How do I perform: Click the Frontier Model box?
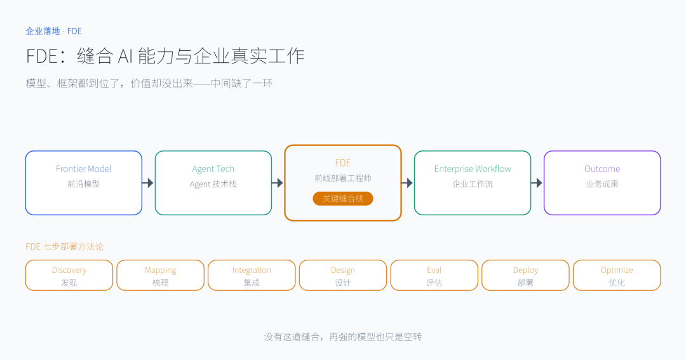pos(84,183)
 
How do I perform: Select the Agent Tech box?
pos(213,183)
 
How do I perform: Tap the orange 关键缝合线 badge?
pos(343,199)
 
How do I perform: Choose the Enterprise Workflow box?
pos(473,183)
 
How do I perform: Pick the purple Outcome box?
pos(602,183)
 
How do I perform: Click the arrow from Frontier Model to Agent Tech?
pos(148,183)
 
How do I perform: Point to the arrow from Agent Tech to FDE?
pos(278,183)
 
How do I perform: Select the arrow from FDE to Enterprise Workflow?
pos(407,183)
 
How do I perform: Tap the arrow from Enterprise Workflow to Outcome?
pos(537,183)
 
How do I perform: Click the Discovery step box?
pos(69,276)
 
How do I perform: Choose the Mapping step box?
pos(161,276)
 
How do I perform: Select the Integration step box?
pos(252,276)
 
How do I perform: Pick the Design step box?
pos(343,276)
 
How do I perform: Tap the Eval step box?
pos(434,276)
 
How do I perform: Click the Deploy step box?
pos(525,276)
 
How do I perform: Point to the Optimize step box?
pos(617,276)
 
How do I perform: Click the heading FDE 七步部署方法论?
pos(65,247)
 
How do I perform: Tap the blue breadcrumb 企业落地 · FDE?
pos(54,31)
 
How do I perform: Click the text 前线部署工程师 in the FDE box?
pos(343,178)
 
